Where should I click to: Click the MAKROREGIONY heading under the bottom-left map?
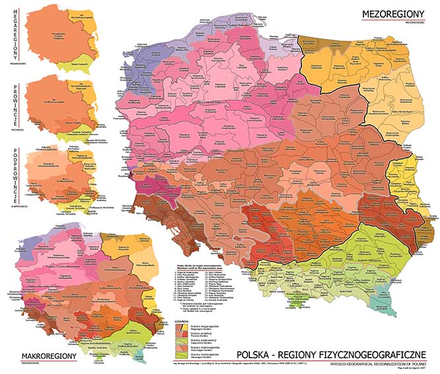click(49, 356)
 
